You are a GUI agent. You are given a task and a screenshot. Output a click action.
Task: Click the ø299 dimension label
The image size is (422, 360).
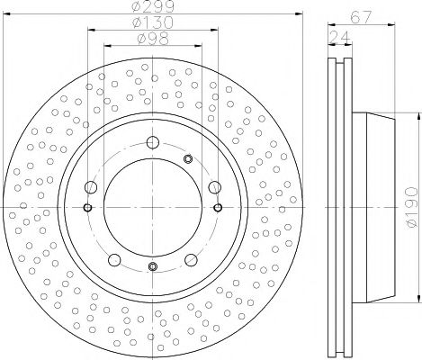tap(153, 8)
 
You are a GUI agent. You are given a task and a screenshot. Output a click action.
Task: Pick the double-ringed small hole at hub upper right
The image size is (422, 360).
tap(188, 159)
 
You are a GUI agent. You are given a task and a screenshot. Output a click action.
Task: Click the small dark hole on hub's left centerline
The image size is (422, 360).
tap(87, 207)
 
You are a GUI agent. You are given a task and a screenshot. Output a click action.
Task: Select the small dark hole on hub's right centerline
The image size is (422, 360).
tap(219, 207)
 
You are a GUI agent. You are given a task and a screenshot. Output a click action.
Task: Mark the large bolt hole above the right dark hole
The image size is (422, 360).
tap(213, 188)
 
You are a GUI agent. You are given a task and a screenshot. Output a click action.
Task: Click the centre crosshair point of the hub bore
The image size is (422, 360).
tap(153, 207)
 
